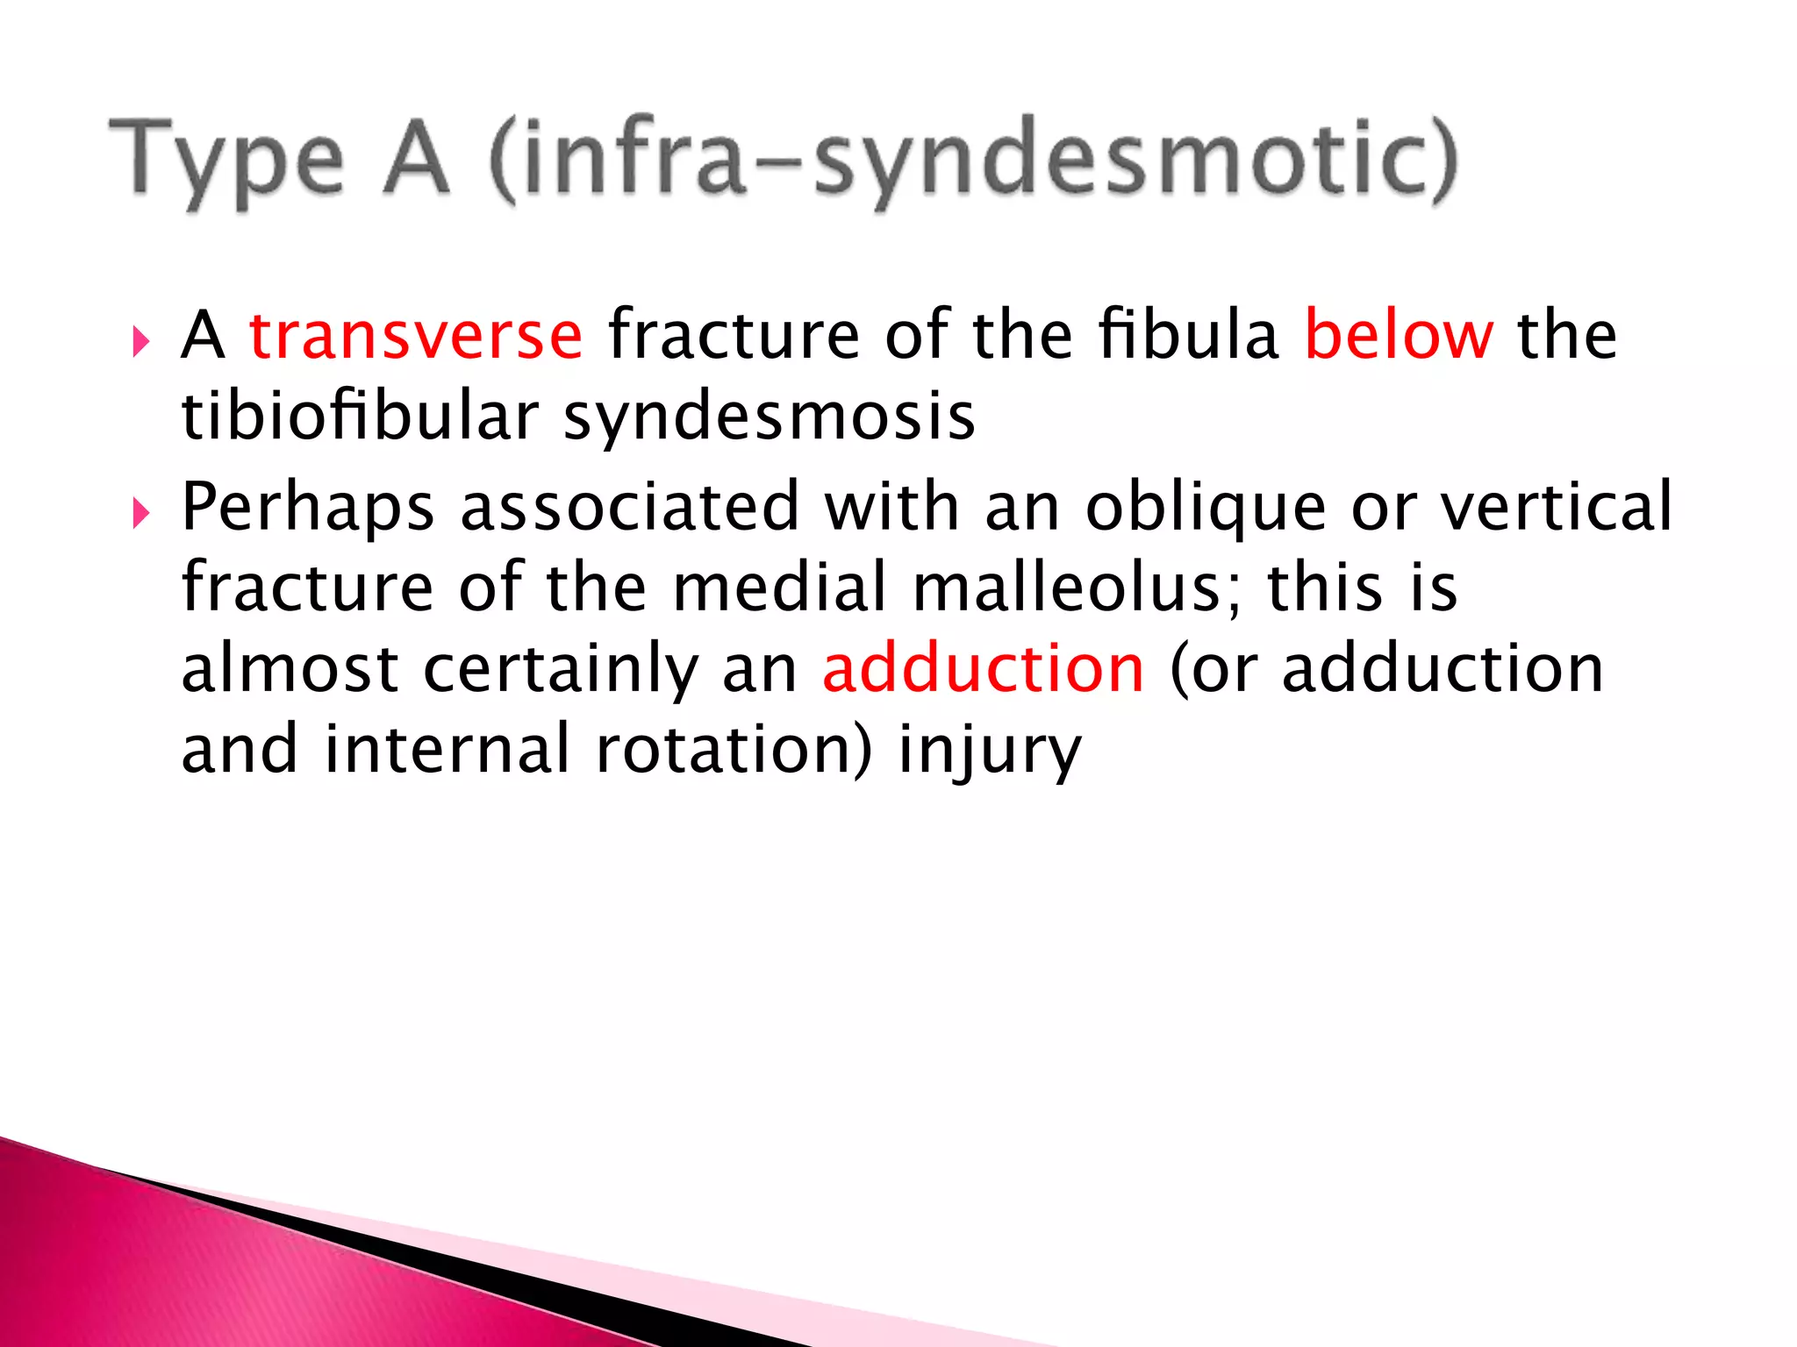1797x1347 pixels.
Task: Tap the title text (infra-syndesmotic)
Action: point(972,161)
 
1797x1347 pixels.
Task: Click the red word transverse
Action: point(416,336)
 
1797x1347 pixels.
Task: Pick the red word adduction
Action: point(984,669)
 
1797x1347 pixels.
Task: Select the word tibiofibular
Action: point(360,417)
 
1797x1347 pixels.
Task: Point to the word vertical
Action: point(1557,506)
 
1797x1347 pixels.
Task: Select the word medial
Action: point(780,588)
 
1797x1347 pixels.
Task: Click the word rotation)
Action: point(734,750)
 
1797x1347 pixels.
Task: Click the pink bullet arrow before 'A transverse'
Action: point(141,342)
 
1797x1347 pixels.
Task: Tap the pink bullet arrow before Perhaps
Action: point(141,514)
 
